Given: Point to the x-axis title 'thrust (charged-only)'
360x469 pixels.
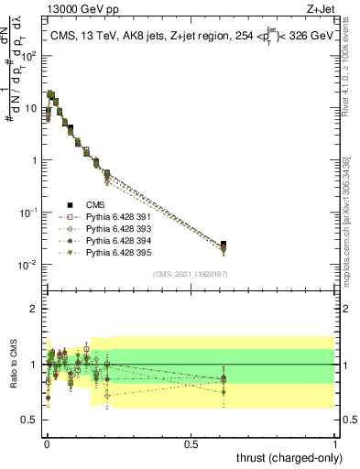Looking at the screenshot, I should click(285, 457).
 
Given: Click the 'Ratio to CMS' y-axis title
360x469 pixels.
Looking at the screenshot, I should click(13, 365).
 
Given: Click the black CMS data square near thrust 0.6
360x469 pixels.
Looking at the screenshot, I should click(224, 245).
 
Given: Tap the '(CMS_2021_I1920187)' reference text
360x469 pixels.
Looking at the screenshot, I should click(190, 274).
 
